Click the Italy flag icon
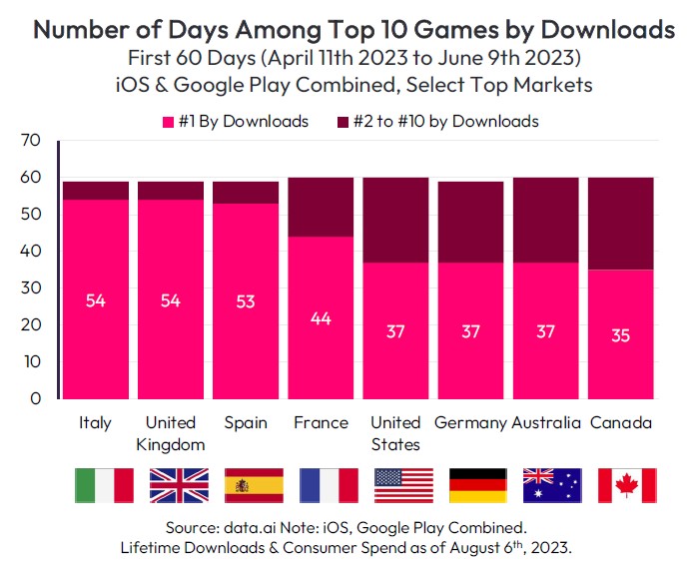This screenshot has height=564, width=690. coord(104,485)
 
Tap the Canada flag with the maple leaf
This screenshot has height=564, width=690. coord(626,485)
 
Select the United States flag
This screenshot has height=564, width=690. coord(402,485)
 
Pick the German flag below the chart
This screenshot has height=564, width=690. coord(477,485)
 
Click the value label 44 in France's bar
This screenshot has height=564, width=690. coord(321,317)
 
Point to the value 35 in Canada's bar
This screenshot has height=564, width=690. coord(620,334)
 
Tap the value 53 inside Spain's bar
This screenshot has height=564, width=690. coord(246,300)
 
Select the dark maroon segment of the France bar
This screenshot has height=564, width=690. coord(321,207)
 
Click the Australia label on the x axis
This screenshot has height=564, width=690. coord(546,423)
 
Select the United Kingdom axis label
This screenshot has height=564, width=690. coord(171,433)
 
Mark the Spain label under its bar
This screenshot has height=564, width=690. coord(246,423)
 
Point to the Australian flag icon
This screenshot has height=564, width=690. coord(552,485)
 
